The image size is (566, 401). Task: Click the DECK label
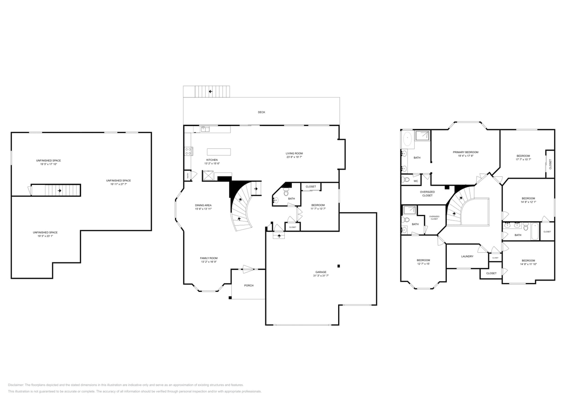coord(261,112)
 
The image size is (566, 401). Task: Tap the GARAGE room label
coord(321,272)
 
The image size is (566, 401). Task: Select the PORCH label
coord(249,285)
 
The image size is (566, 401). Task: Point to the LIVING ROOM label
coord(294,153)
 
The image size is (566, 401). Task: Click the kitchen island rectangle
coord(218,152)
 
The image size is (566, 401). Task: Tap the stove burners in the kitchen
coord(188,151)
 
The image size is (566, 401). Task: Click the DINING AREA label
coord(203,205)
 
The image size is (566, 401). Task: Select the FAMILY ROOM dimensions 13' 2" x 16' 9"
coord(208,262)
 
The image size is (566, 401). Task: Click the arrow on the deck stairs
coord(210,91)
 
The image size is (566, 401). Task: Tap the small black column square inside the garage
coord(339,266)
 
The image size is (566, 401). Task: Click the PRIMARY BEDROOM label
coord(465,152)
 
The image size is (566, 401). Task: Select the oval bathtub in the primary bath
coord(408,140)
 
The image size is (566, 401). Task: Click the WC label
coord(416,181)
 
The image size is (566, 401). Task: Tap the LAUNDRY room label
coord(467,256)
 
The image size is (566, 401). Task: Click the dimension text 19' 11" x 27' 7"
coord(118,184)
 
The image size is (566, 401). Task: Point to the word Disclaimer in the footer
coord(16,385)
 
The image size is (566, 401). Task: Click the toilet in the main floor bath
coord(286,192)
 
